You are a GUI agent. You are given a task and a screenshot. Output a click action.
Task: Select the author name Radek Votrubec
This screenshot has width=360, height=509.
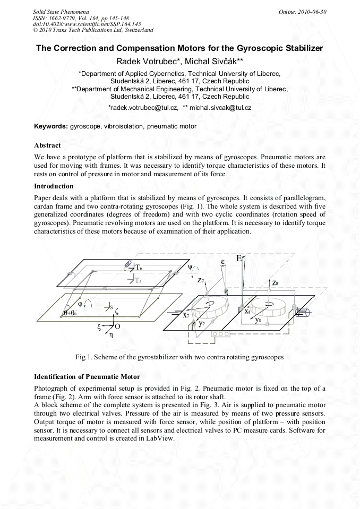[149, 62]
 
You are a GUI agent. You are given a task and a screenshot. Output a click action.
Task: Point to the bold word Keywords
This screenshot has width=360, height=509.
[50, 126]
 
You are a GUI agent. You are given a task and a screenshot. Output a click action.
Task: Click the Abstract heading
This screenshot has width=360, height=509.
[47, 145]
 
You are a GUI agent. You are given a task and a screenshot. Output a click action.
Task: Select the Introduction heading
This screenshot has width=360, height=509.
[54, 186]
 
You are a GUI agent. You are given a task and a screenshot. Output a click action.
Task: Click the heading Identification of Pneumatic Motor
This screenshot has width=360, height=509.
[87, 377]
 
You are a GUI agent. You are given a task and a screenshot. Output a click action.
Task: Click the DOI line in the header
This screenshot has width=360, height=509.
[87, 24]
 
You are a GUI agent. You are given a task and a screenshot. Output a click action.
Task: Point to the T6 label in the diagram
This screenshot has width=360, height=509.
[139, 267]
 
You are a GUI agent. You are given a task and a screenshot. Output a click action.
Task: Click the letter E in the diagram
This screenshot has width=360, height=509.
[239, 258]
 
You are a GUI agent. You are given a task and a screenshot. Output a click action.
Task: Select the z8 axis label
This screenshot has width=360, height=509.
[275, 283]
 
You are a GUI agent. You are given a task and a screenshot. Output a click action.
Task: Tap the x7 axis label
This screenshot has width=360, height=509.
[185, 315]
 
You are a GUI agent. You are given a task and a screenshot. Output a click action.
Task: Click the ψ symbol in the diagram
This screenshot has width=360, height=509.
[191, 267]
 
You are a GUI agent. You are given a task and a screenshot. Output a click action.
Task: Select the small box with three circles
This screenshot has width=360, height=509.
[220, 334]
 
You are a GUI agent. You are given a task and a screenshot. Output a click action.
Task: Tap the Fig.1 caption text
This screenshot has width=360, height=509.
[179, 357]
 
